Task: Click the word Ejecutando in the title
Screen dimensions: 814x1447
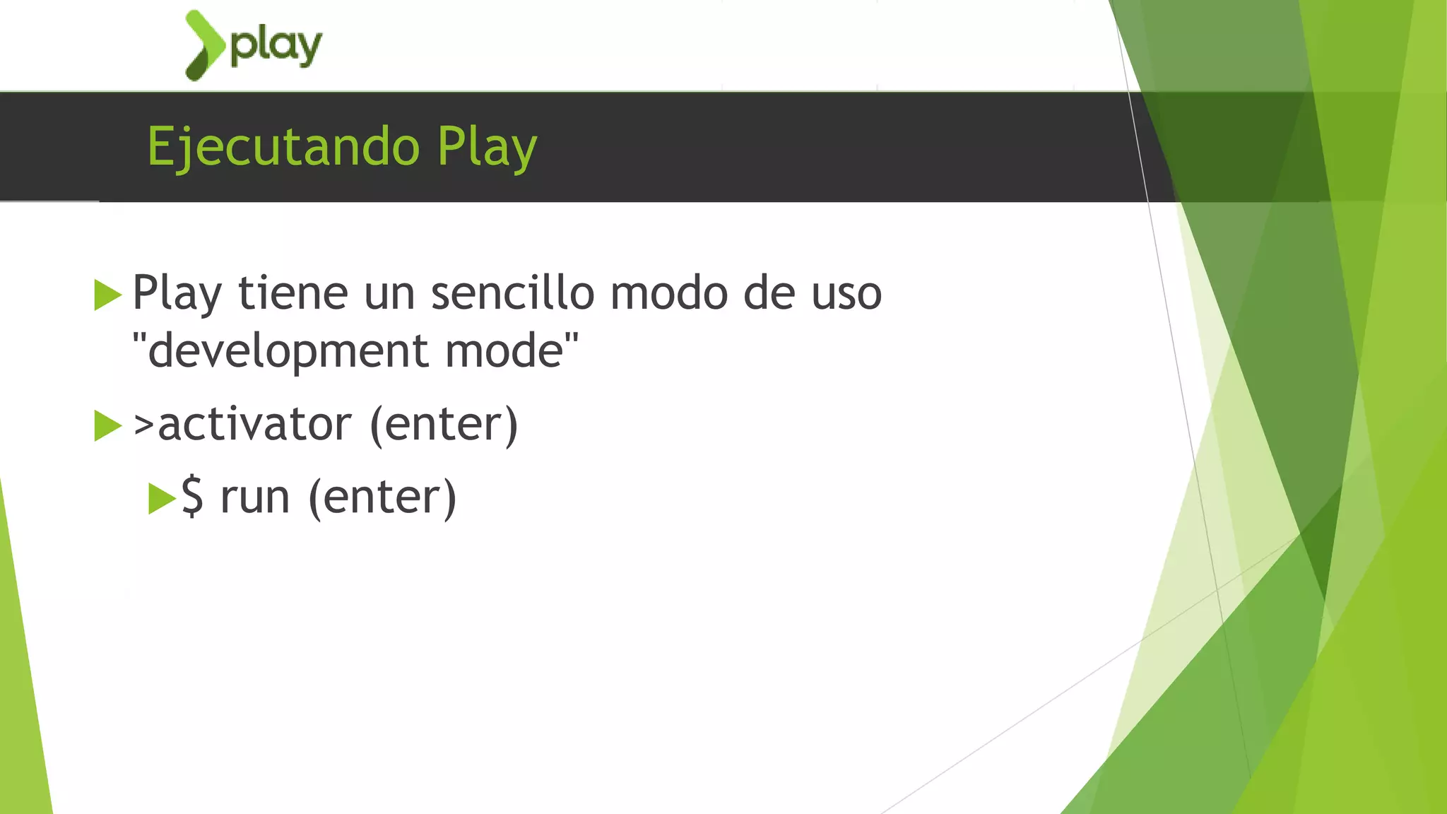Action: point(283,147)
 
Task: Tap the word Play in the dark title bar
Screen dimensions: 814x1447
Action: point(487,147)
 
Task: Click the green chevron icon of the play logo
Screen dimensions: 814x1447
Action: point(203,45)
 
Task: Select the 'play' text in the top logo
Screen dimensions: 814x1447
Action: point(276,47)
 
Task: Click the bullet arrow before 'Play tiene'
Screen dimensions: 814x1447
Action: point(107,295)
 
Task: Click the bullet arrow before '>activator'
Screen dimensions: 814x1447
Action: point(107,425)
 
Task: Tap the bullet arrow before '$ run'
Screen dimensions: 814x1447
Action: point(162,498)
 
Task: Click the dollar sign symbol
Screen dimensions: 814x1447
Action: point(193,497)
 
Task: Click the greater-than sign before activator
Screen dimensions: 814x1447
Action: point(143,425)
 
